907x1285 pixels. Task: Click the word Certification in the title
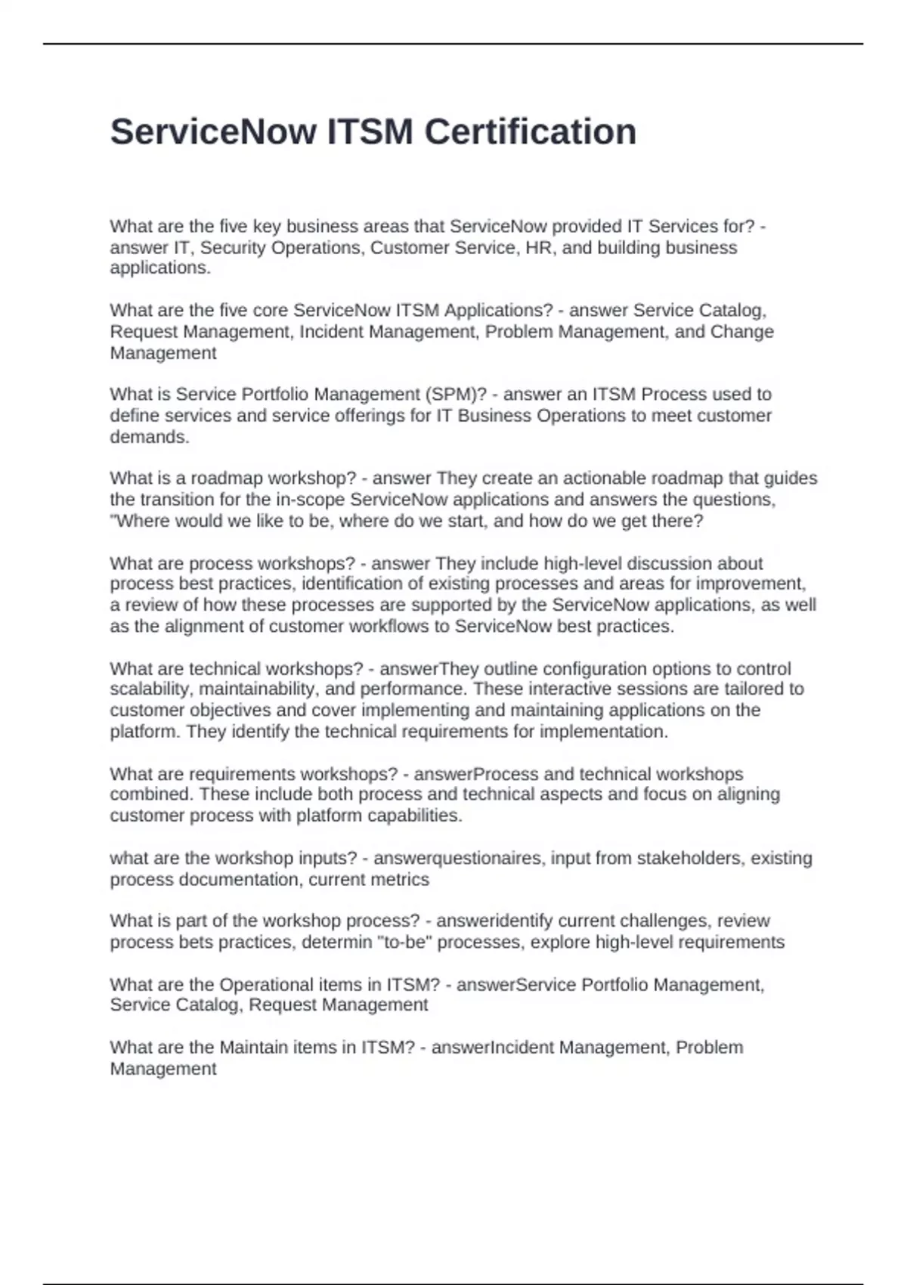coord(530,132)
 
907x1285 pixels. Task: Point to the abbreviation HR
coord(538,248)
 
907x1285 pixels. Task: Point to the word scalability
coord(150,689)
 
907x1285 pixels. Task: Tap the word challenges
coord(662,921)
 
